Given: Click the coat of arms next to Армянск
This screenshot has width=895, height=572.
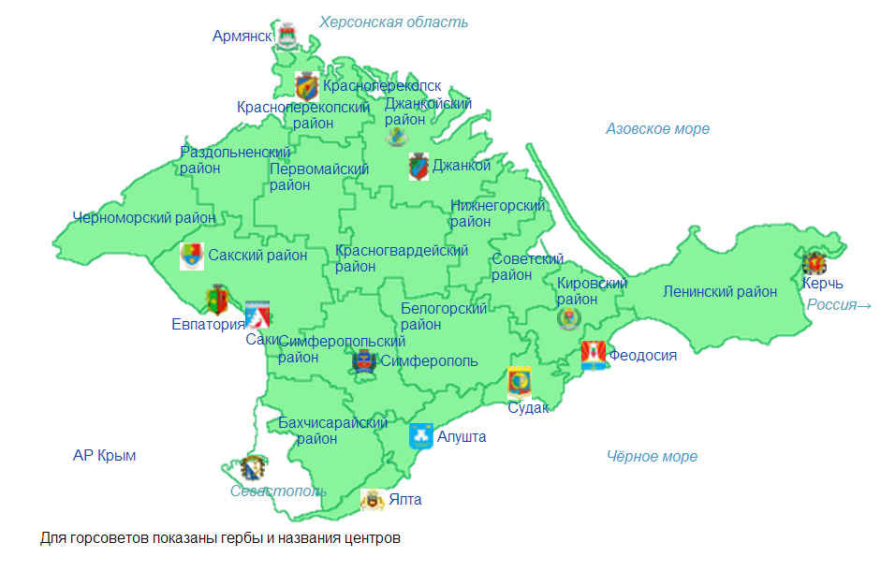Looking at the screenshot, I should (x=286, y=34).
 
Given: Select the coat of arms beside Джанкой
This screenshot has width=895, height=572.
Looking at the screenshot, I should (x=418, y=168).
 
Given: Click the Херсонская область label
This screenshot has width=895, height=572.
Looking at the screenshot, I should (x=393, y=22).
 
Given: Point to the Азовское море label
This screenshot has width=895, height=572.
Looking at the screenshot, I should (x=657, y=129).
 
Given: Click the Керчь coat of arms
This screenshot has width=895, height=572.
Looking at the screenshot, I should (x=814, y=263).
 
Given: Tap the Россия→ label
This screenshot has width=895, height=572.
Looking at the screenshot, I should (x=839, y=305).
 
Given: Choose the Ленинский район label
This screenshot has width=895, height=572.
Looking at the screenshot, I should (x=719, y=292).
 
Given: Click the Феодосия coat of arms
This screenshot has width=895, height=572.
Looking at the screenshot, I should (x=593, y=354).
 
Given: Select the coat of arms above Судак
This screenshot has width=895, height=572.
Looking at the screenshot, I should (x=519, y=382).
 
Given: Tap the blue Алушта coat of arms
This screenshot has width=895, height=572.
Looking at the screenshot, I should (x=420, y=435).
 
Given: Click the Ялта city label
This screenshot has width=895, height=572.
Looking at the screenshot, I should (x=404, y=500).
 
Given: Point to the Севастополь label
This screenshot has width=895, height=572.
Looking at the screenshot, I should (x=278, y=491).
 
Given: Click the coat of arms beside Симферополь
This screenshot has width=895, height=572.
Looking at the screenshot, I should (x=363, y=360).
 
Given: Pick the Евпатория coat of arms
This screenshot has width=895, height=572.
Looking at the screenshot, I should (x=216, y=300).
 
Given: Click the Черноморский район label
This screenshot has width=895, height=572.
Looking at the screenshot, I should (x=144, y=218).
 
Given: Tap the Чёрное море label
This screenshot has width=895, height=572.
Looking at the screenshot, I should (x=652, y=457).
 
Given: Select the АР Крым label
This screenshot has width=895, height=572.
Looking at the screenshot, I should (x=104, y=456).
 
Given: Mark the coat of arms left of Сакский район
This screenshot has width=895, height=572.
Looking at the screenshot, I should (x=191, y=256).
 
